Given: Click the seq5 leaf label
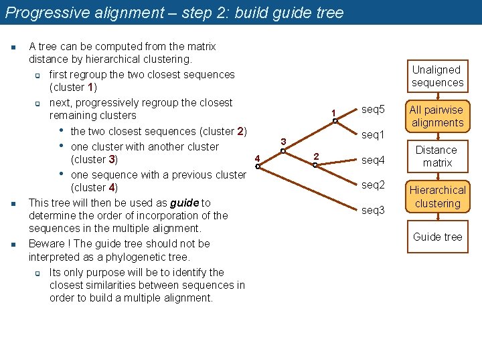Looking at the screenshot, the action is [373, 109].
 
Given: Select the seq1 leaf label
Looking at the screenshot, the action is [373, 135].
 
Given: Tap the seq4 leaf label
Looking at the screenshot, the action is [373, 160].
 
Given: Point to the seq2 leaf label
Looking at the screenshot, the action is [373, 185].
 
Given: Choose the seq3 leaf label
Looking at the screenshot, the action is [373, 210].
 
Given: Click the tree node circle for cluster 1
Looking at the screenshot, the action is [335, 121].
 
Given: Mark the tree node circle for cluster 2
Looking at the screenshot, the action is [315, 164].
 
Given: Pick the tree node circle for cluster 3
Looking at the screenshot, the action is [284, 151].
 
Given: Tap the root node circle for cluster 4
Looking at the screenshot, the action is [258, 166].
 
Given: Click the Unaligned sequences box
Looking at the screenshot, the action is [437, 76].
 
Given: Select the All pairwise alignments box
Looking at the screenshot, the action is [437, 116].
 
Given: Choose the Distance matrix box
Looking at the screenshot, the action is [437, 156].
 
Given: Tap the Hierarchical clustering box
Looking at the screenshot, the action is [437, 197].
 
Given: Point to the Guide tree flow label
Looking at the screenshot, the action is [437, 237].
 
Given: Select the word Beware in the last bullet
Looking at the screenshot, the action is [46, 244].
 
